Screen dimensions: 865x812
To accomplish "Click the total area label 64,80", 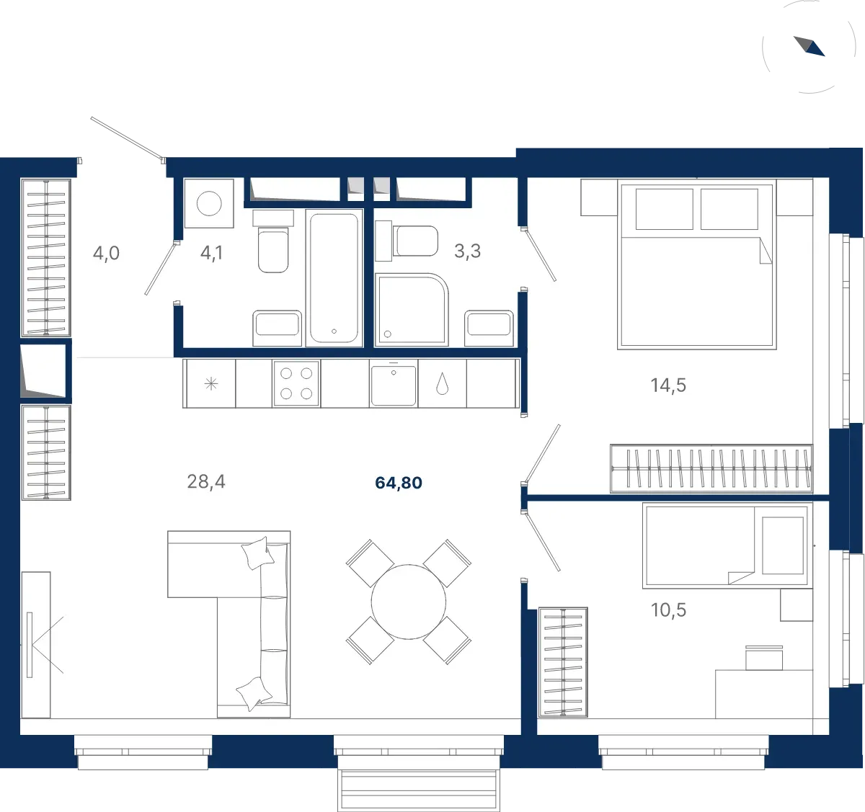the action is (x=399, y=483).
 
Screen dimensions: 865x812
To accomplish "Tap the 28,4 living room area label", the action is (x=206, y=481).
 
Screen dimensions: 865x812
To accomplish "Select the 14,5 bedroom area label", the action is (x=668, y=385).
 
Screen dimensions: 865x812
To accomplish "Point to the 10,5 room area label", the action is (x=668, y=610).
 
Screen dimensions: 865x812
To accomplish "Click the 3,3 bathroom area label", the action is (x=467, y=251).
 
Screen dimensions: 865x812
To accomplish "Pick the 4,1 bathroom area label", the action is (x=212, y=253).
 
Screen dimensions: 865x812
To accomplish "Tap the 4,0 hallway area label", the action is (x=106, y=253).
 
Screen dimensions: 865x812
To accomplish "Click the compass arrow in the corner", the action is (x=809, y=46).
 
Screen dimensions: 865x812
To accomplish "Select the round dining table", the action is (x=409, y=602).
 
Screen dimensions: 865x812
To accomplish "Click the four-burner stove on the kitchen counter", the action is (x=296, y=383).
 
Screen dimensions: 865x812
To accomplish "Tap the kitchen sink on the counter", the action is (x=394, y=385).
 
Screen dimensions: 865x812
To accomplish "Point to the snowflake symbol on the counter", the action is (x=211, y=383).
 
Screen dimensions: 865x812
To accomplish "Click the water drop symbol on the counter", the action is (x=442, y=383).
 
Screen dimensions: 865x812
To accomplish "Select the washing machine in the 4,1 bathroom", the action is (x=209, y=203).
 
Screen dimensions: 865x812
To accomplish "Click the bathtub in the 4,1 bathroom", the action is (x=334, y=278).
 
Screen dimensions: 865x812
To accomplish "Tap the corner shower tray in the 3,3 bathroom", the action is (x=412, y=310).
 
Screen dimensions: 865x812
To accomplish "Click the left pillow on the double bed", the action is (x=664, y=209).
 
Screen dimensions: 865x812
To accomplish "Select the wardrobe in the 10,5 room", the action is (x=563, y=662).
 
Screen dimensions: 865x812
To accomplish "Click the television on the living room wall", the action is (x=30, y=645).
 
